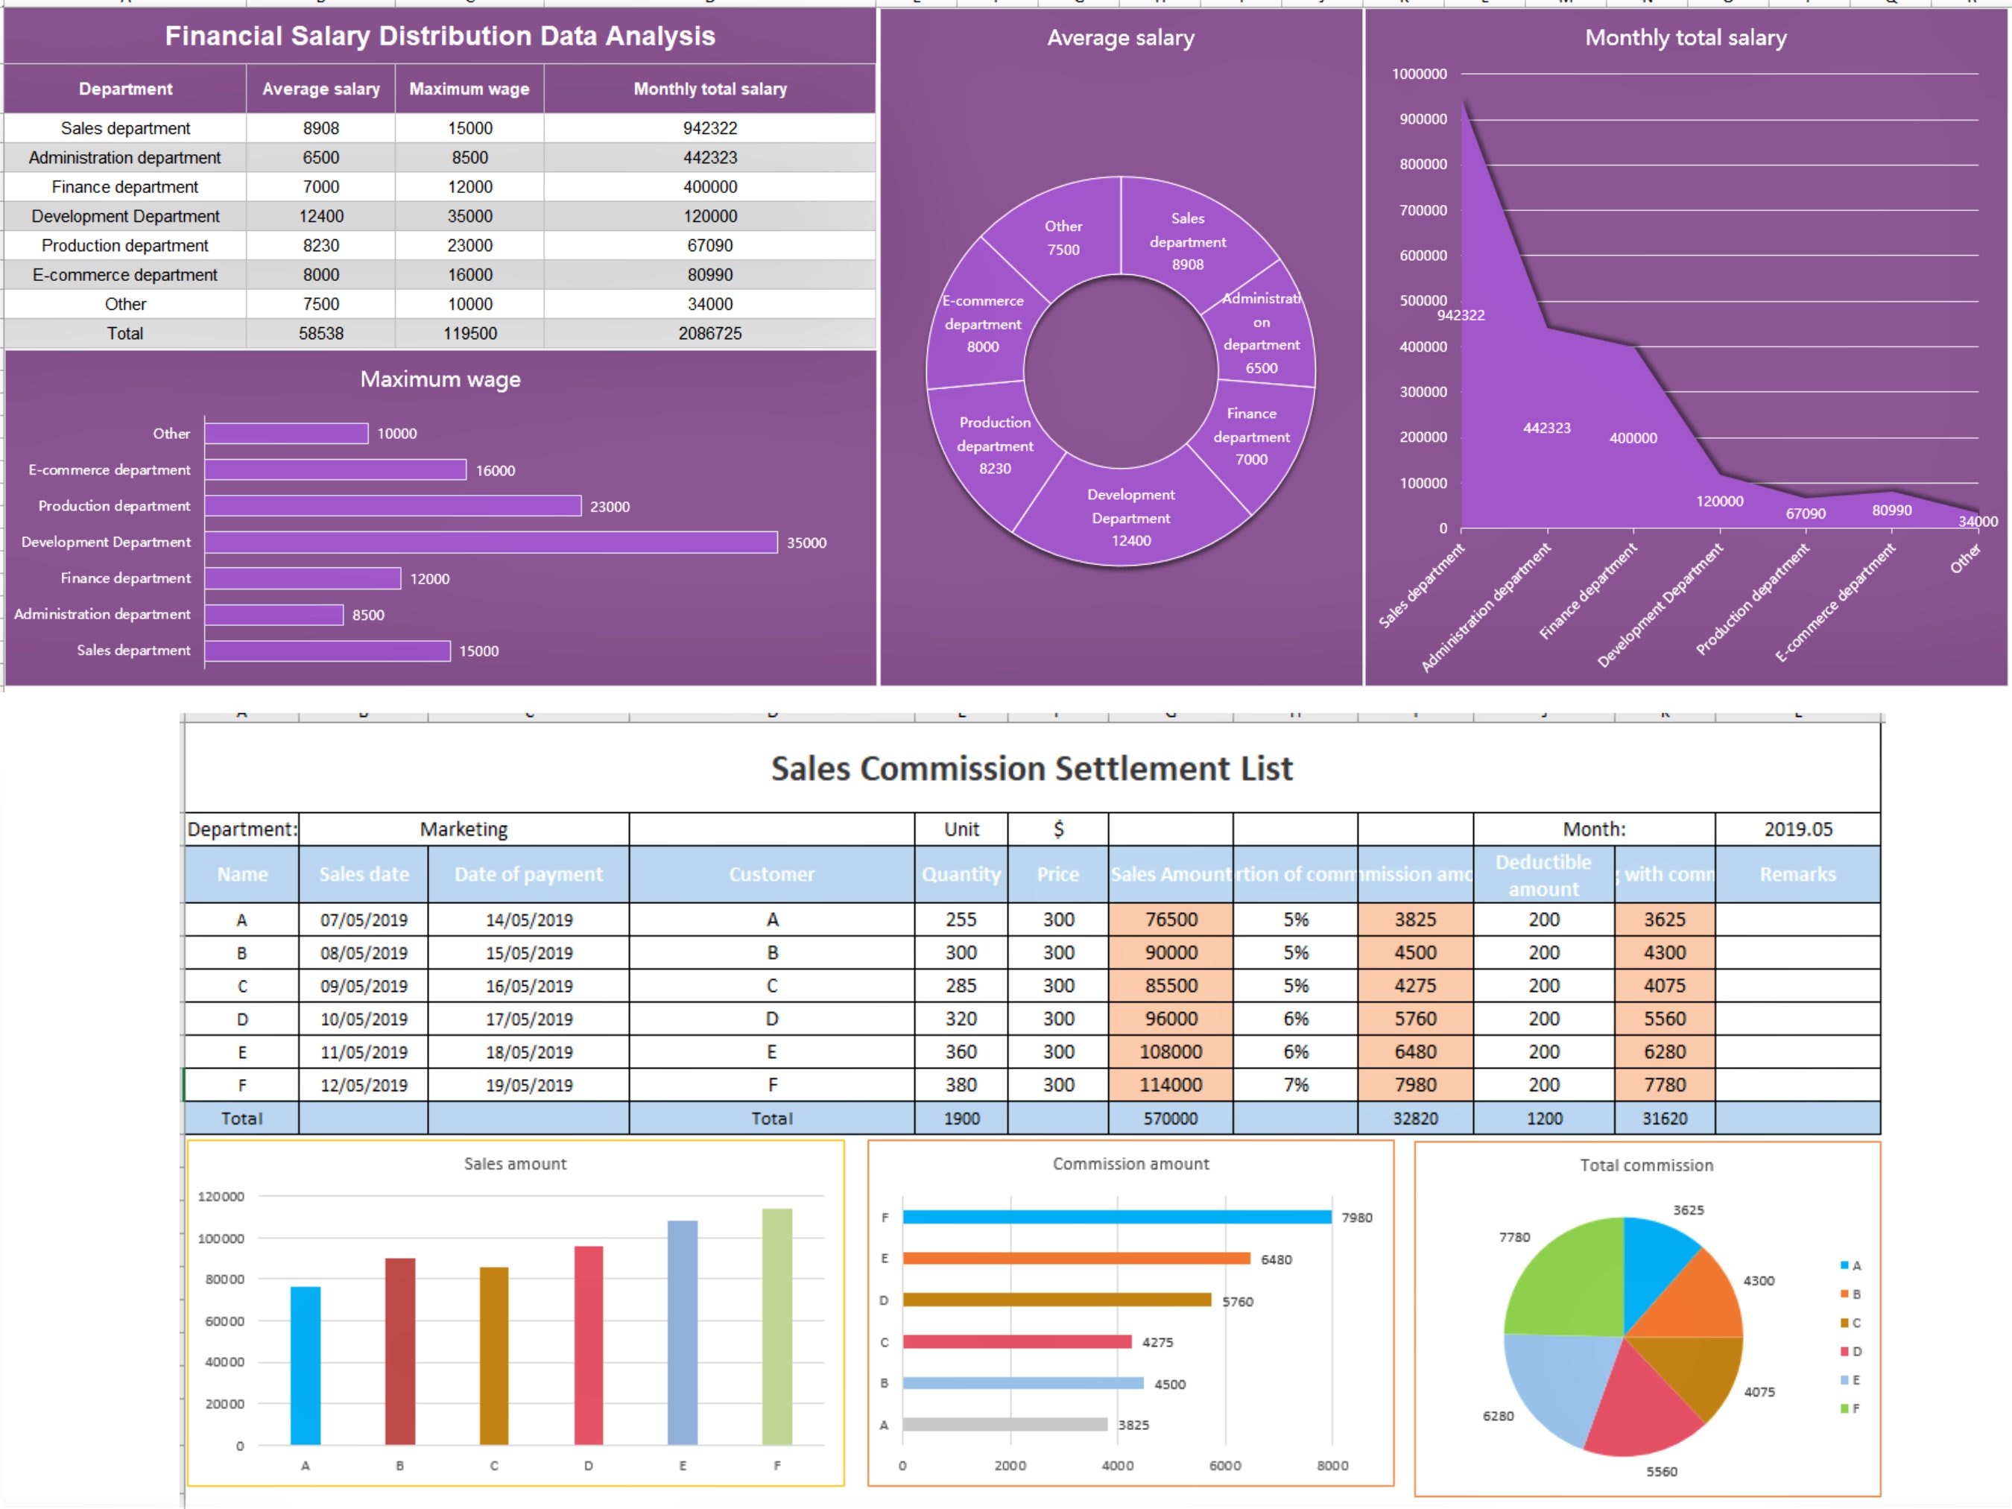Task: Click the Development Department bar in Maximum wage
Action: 491,542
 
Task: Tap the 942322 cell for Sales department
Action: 709,128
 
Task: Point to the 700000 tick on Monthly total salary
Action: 1423,210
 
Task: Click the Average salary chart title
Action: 1120,38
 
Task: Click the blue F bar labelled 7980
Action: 1116,1217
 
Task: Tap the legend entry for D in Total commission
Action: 1850,1352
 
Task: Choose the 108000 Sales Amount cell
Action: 1171,1051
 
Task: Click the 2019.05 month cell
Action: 1797,829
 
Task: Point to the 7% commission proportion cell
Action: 1295,1085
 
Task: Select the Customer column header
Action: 771,874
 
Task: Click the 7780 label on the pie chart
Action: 1514,1237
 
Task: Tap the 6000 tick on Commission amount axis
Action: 1224,1465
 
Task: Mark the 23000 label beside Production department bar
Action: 610,507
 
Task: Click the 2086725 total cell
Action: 709,334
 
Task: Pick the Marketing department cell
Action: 464,829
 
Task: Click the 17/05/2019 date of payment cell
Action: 528,1019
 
